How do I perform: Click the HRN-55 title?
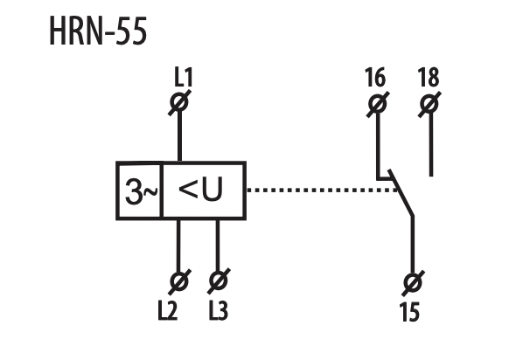tap(98, 31)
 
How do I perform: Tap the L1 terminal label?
tap(184, 78)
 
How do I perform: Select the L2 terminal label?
tap(168, 310)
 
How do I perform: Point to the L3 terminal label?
tap(218, 310)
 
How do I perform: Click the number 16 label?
tap(375, 78)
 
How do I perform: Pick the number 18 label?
tap(429, 78)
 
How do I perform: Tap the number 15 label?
tap(409, 312)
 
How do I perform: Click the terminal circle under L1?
tap(179, 102)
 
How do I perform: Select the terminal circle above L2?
tap(179, 281)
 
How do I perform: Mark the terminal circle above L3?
tap(219, 281)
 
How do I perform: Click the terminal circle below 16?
tap(378, 104)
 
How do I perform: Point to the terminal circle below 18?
tap(429, 105)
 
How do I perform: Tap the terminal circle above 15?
tap(413, 283)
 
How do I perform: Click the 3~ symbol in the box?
tap(141, 191)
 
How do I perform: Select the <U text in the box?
tap(200, 189)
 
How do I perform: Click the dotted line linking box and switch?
tap(322, 190)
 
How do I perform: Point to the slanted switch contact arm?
tap(401, 193)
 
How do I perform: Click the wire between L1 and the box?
tap(179, 136)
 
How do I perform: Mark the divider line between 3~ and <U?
tap(161, 190)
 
